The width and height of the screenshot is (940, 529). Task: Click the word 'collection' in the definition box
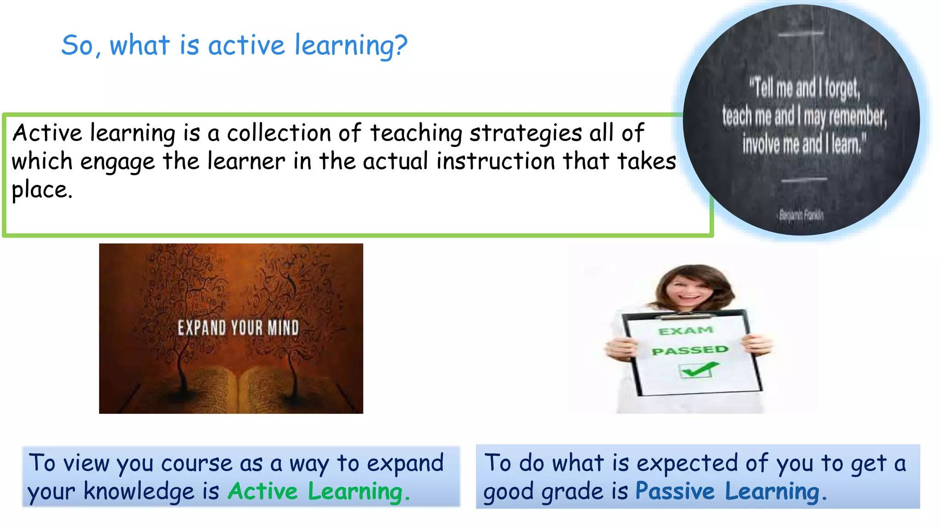[x=279, y=133]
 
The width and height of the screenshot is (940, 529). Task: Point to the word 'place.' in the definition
[x=42, y=190]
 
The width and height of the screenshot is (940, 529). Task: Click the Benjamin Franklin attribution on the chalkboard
[x=801, y=215]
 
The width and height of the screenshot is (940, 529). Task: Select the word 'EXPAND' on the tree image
[x=201, y=328]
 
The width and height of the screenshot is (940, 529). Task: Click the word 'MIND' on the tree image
[x=283, y=328]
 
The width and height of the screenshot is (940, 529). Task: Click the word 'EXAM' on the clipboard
[x=686, y=331]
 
